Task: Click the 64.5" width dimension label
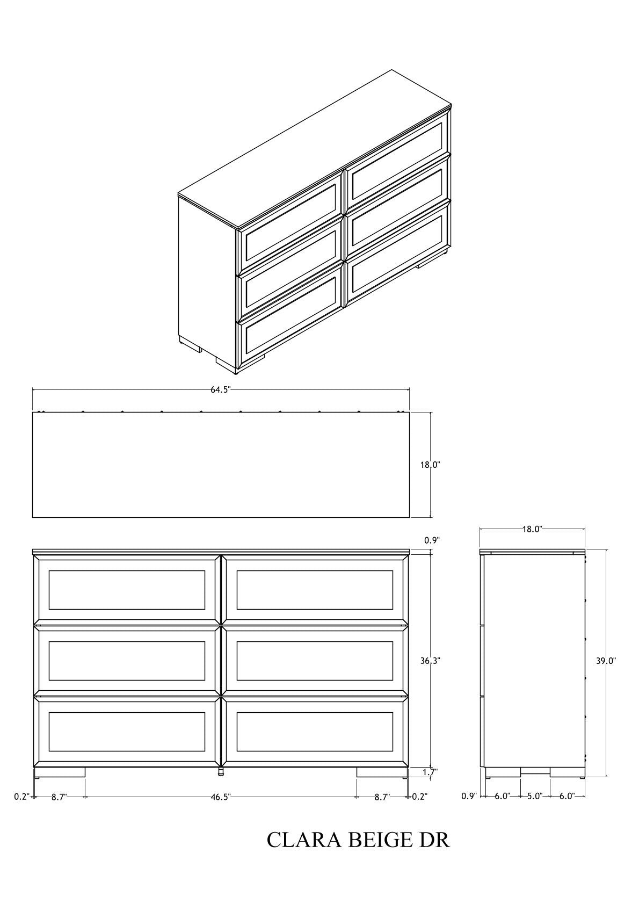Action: [x=220, y=390]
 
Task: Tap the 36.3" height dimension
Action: [x=430, y=661]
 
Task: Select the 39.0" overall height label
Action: [x=606, y=661]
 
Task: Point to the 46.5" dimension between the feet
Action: [x=221, y=797]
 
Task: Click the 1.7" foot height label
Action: [x=430, y=772]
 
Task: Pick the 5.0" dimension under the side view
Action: [x=535, y=796]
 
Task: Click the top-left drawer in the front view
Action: [x=127, y=590]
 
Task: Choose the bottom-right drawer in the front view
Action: [x=315, y=732]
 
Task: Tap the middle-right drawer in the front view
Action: [x=315, y=661]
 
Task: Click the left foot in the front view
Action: [x=60, y=772]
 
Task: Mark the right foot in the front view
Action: [x=382, y=772]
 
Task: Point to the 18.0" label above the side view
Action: [x=532, y=530]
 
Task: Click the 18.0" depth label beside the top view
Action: [x=430, y=465]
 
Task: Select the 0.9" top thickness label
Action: [x=432, y=540]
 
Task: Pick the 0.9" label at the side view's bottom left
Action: [x=469, y=796]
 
